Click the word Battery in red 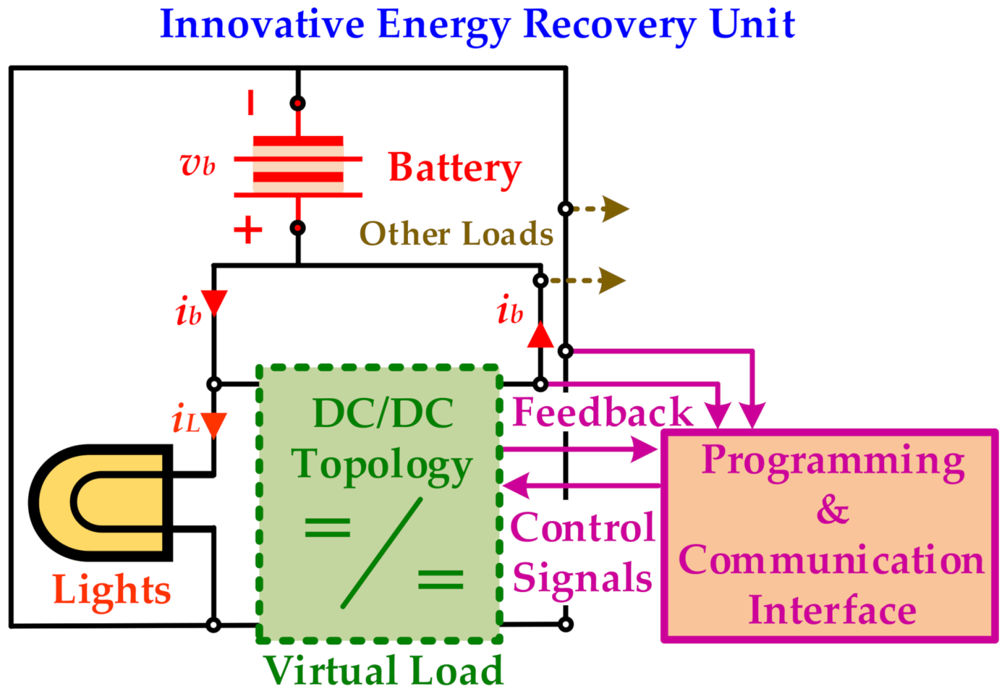point(454,168)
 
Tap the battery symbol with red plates point(298,165)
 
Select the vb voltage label point(197,165)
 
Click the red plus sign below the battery point(247,230)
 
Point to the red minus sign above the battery point(251,103)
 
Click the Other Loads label point(456,234)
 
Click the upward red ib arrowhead point(540,335)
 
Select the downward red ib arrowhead point(213,302)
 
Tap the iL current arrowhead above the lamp point(213,424)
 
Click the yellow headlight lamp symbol point(101,502)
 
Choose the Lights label point(112,590)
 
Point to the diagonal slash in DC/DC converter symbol point(382,553)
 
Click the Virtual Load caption point(383,670)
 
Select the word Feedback point(602,412)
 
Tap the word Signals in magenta point(582,578)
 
